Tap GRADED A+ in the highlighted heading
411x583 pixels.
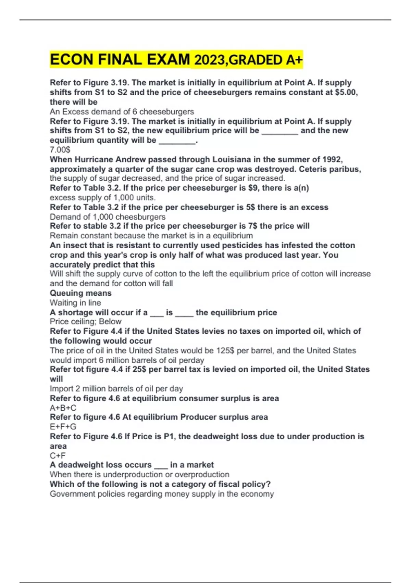265,60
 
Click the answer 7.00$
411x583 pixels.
60,150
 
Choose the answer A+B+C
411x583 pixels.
63,408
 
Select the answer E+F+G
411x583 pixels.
63,427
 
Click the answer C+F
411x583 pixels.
58,455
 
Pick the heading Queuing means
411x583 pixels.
80,293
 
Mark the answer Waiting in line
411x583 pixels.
75,302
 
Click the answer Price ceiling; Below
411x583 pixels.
86,321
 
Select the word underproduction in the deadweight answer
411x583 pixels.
133,474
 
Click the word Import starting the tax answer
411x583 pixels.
61,389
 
